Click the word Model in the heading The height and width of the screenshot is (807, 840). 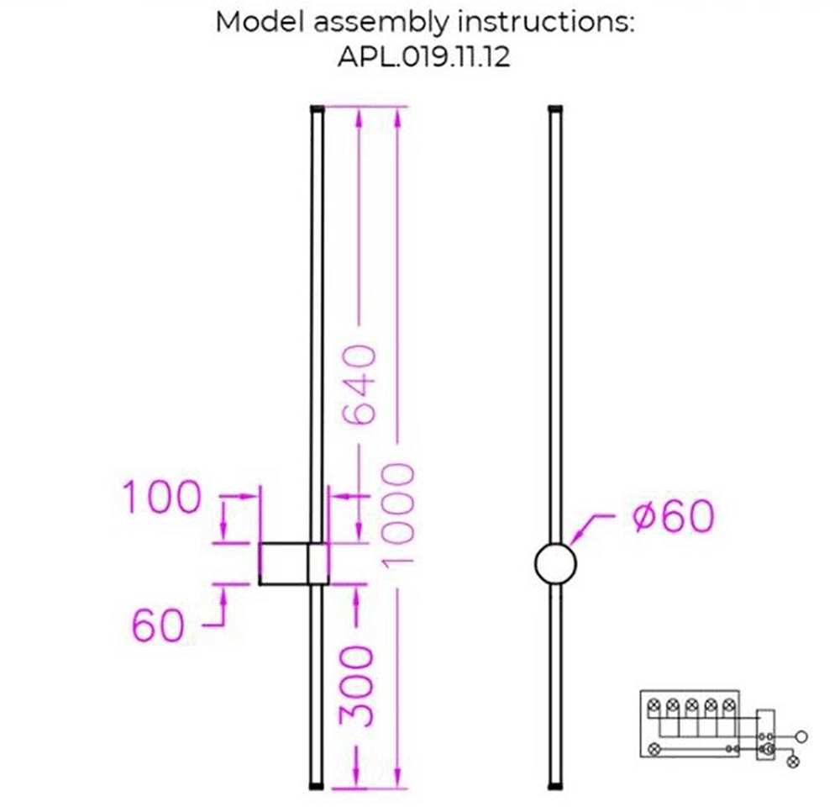click(259, 23)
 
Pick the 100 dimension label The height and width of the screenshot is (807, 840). click(162, 498)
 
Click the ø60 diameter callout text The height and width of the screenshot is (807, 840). click(672, 517)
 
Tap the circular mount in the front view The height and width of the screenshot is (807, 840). click(555, 563)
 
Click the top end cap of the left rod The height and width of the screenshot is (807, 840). click(317, 109)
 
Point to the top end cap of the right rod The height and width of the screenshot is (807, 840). click(554, 109)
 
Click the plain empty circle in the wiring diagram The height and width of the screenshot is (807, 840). click(802, 736)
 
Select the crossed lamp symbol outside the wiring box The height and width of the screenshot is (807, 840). click(792, 762)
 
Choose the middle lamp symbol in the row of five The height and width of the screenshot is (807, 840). click(691, 705)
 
